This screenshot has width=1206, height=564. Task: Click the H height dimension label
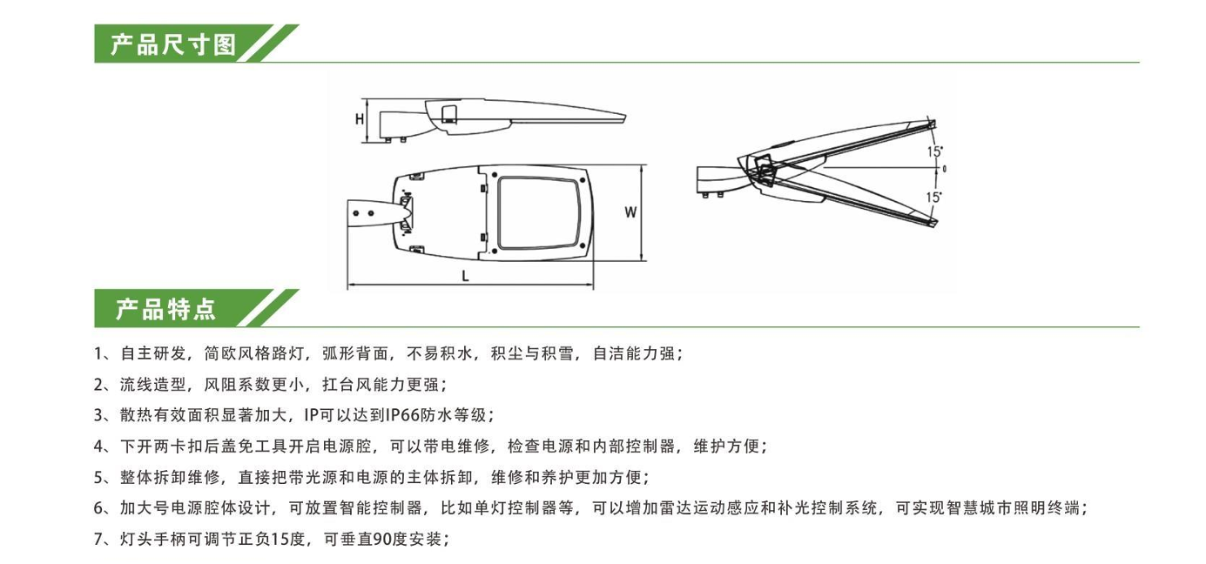pyautogui.click(x=359, y=120)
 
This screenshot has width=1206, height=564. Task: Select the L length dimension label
pyautogui.click(x=467, y=276)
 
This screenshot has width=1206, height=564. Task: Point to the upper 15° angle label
pyautogui.click(x=934, y=151)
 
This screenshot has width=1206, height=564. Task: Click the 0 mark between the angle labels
pyautogui.click(x=944, y=168)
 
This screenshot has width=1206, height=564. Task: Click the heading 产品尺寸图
pyautogui.click(x=173, y=44)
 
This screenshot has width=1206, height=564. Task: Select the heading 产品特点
pyautogui.click(x=165, y=309)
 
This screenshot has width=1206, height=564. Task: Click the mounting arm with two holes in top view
pyautogui.click(x=370, y=212)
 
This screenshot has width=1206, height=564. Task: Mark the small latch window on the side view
pyautogui.click(x=450, y=114)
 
